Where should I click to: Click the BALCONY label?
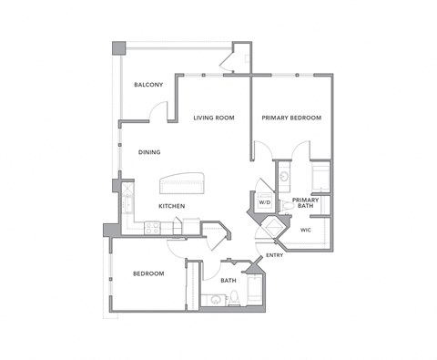(x=148, y=85)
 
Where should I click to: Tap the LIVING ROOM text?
(x=214, y=118)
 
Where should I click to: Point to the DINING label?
(x=150, y=152)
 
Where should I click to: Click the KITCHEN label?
(x=172, y=206)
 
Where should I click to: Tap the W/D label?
(x=265, y=201)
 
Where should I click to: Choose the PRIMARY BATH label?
(x=305, y=202)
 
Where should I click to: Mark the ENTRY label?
(x=274, y=255)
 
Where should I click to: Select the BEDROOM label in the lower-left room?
(x=149, y=273)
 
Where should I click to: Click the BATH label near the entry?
(x=228, y=280)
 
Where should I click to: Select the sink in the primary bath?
(x=284, y=173)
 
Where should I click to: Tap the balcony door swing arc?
(x=159, y=110)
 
